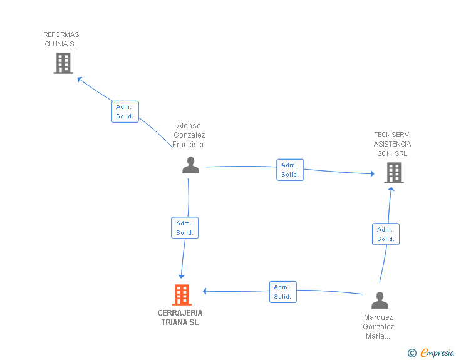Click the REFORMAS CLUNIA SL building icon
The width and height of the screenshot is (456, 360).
[63, 63]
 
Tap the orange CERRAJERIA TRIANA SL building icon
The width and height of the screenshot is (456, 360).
[182, 294]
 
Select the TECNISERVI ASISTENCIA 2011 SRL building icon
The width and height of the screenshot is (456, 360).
[394, 173]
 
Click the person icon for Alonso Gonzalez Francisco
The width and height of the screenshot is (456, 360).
[191, 165]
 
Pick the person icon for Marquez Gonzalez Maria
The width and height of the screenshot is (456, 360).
[380, 300]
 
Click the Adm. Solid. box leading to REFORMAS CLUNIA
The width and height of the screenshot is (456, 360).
[125, 111]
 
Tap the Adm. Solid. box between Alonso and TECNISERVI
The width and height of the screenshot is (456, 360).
[290, 170]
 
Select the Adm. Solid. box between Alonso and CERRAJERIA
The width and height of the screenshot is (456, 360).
[185, 228]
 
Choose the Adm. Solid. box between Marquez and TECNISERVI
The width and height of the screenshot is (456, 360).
[386, 234]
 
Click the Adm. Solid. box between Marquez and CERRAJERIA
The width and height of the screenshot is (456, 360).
[282, 292]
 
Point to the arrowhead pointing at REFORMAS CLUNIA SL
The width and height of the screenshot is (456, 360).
[79, 79]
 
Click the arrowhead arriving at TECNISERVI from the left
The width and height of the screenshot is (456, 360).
[372, 173]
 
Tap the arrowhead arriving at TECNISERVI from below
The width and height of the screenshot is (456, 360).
[391, 189]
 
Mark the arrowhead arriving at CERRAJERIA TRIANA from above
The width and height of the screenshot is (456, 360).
[181, 277]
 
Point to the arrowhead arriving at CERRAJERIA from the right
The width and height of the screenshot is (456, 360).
[204, 291]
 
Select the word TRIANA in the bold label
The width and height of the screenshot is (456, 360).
[174, 322]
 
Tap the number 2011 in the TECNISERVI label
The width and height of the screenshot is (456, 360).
[385, 153]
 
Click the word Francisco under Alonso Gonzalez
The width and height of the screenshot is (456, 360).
[189, 145]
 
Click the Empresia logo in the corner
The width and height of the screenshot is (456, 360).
[431, 352]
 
